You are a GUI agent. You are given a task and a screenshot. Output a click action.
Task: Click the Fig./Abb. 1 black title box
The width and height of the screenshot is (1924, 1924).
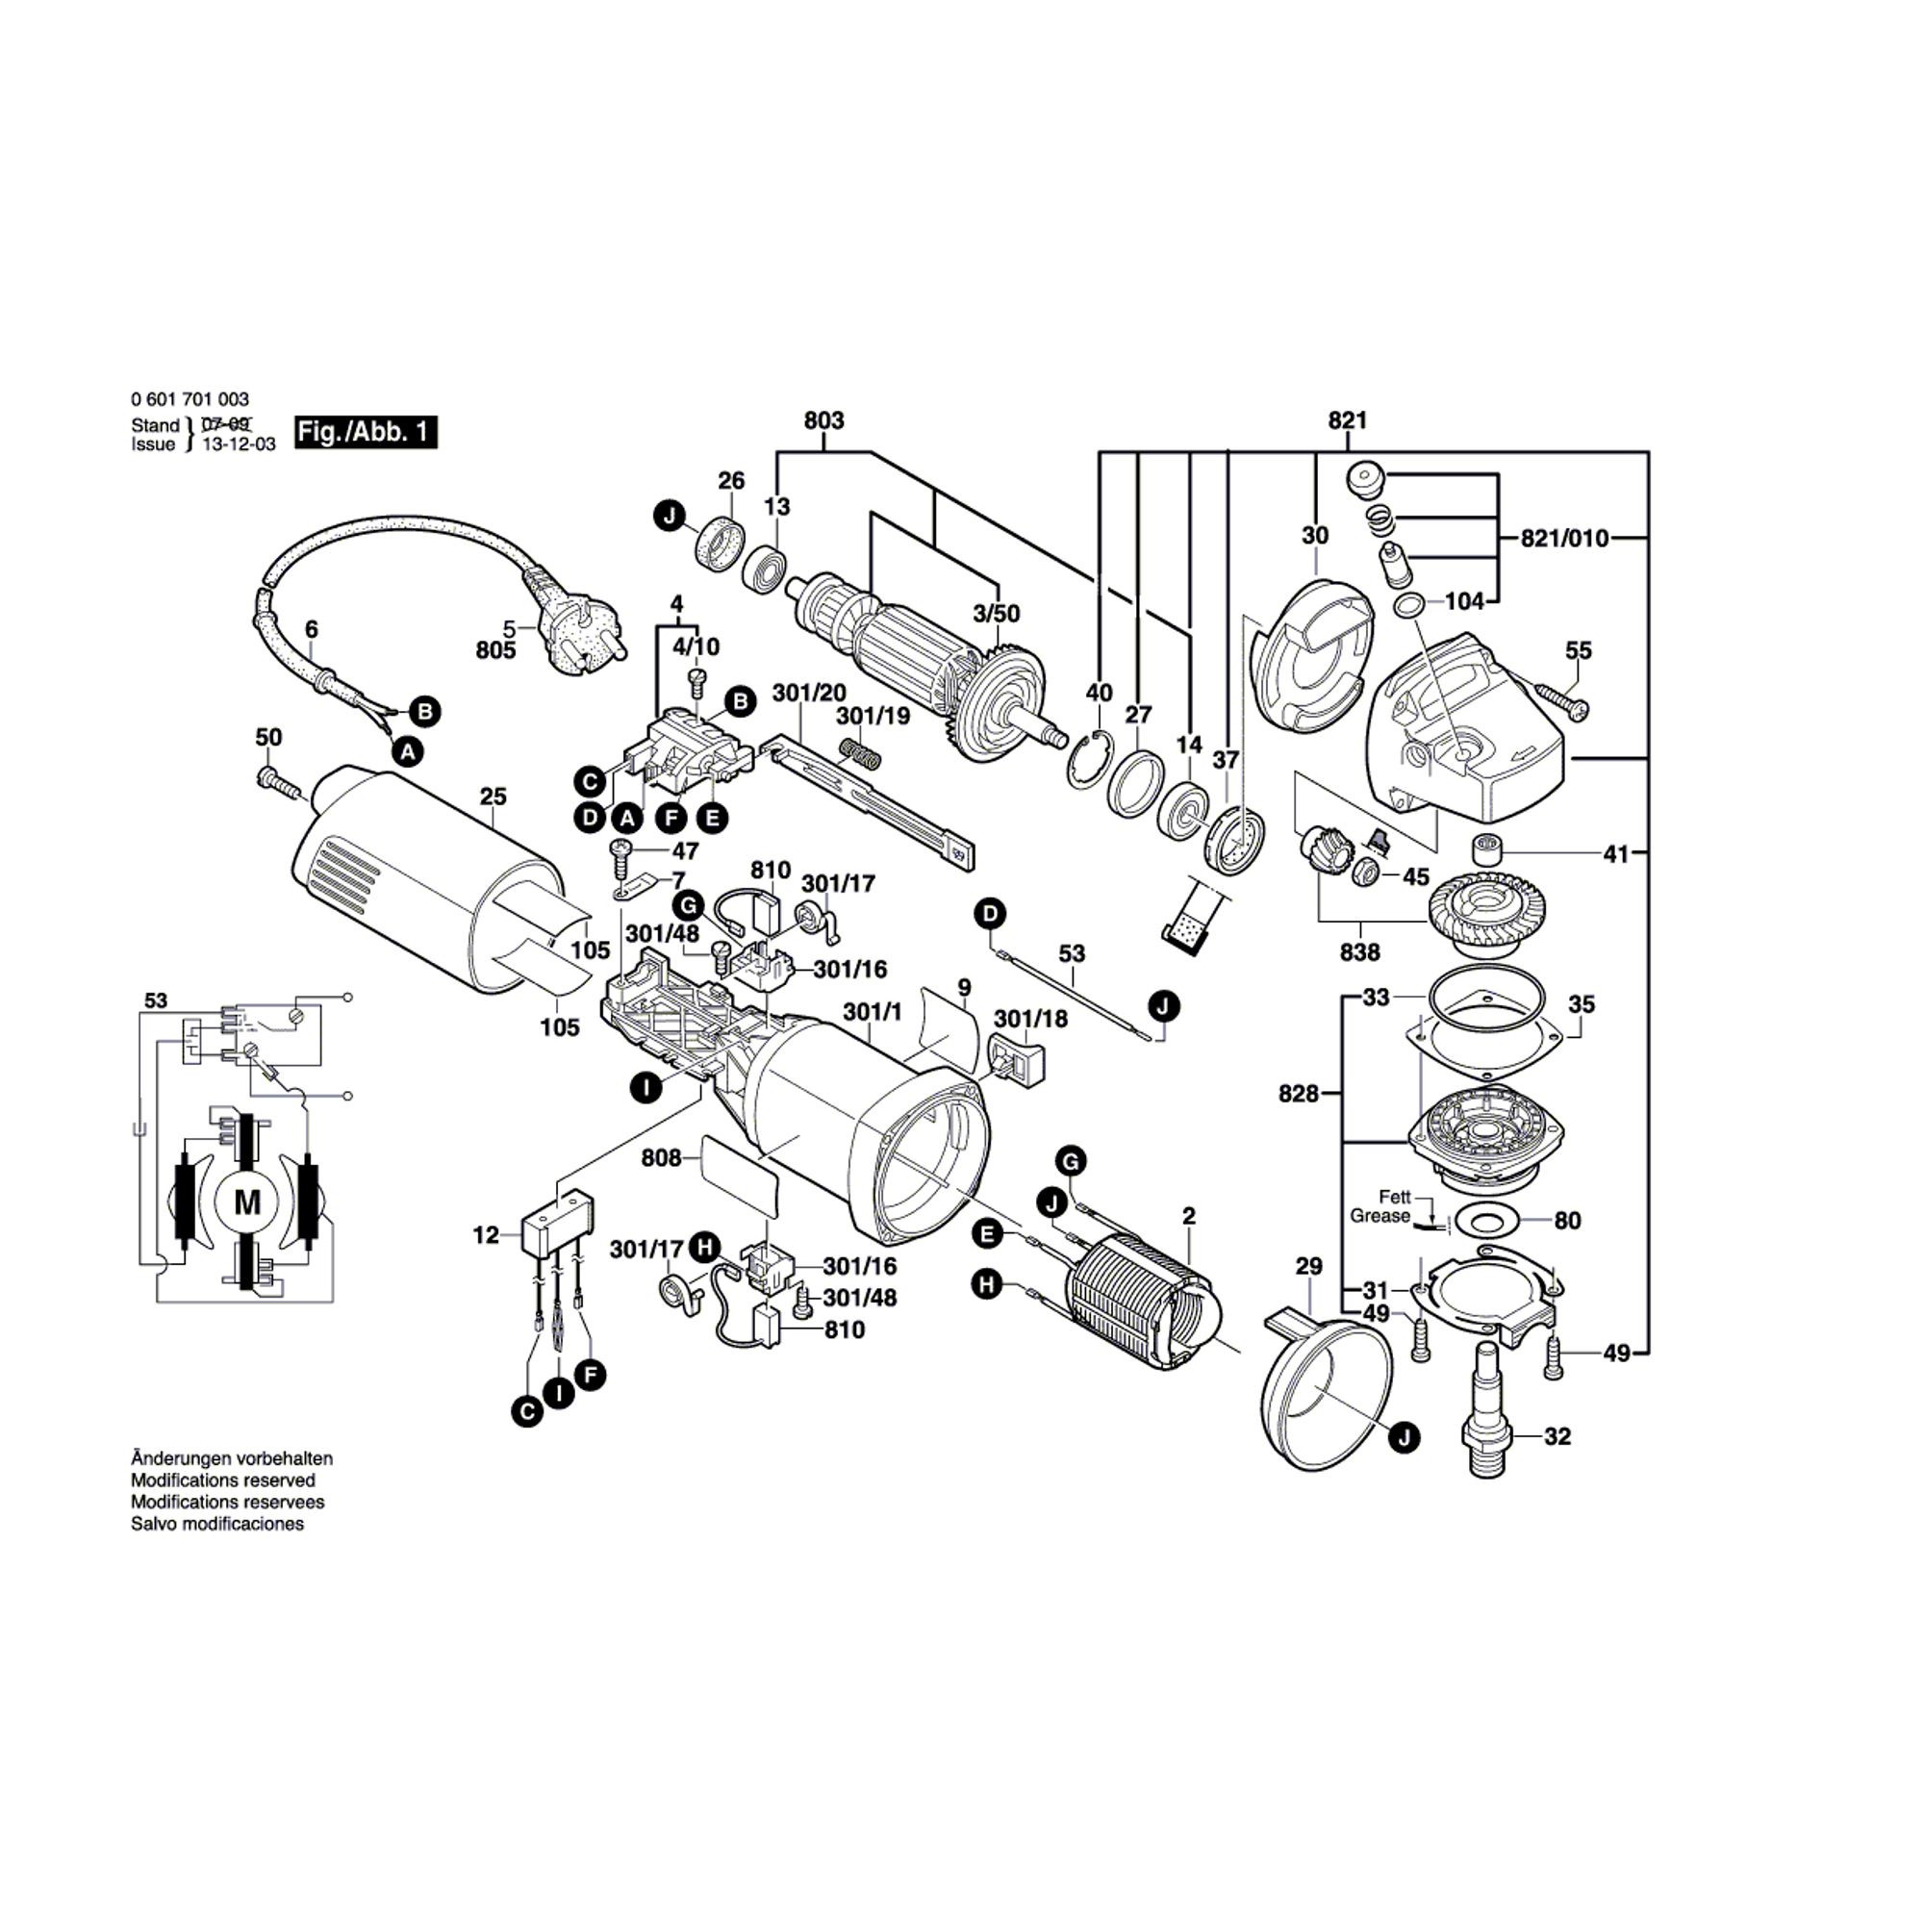(366, 432)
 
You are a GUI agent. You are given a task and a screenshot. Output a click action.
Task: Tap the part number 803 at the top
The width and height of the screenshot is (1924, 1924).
(823, 420)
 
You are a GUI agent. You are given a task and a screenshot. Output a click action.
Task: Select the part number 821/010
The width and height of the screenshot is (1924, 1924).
(1563, 539)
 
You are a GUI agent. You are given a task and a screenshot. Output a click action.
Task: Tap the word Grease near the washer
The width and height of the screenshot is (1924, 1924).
(1380, 1216)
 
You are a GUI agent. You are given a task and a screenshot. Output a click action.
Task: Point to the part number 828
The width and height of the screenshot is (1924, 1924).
(1299, 1095)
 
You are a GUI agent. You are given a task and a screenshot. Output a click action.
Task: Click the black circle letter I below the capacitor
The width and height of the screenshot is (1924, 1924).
(560, 1392)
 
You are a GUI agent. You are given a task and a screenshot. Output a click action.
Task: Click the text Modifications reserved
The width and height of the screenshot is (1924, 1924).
(223, 1481)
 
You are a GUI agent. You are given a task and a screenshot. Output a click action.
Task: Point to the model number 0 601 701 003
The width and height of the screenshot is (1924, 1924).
(190, 400)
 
